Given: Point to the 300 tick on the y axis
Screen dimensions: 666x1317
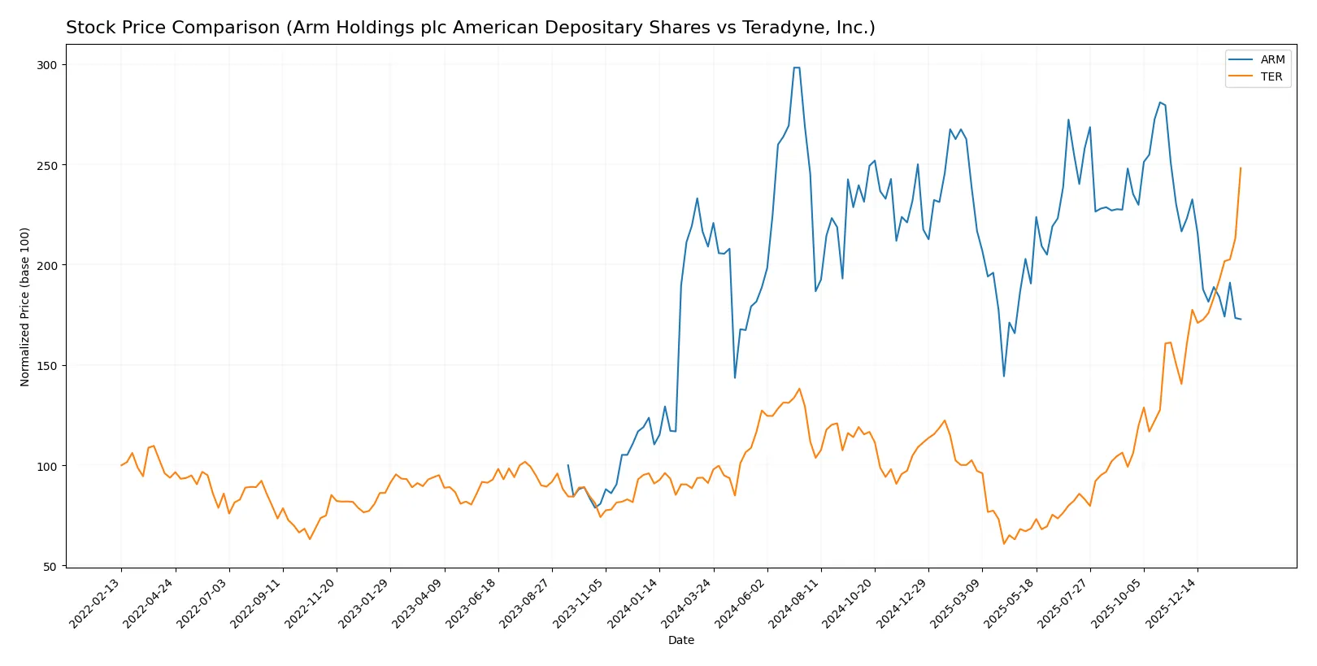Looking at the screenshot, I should (47, 65).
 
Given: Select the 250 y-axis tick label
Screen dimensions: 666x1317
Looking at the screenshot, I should (47, 165).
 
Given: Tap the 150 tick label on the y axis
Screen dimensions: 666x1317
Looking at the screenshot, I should (47, 366).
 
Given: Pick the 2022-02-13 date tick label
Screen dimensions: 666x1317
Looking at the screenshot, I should (96, 603).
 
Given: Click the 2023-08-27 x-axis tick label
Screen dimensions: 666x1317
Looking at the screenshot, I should (526, 603).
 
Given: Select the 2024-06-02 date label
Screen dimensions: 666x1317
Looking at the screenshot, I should (741, 603).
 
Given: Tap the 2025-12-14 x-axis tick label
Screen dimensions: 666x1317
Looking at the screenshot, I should (1171, 603).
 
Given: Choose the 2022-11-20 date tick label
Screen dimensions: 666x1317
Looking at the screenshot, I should (311, 603).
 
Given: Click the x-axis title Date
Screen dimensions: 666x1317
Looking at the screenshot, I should (681, 640).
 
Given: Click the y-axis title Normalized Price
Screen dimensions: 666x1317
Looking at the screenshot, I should (25, 307).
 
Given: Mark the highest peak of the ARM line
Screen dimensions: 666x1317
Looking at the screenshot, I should (797, 67).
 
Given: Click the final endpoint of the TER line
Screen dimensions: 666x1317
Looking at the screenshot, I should (1241, 168).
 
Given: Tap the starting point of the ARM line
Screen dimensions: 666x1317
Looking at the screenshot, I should (567, 465).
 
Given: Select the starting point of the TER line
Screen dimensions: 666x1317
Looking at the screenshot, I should (121, 465).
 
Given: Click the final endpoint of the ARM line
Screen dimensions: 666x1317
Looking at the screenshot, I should (1241, 319).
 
